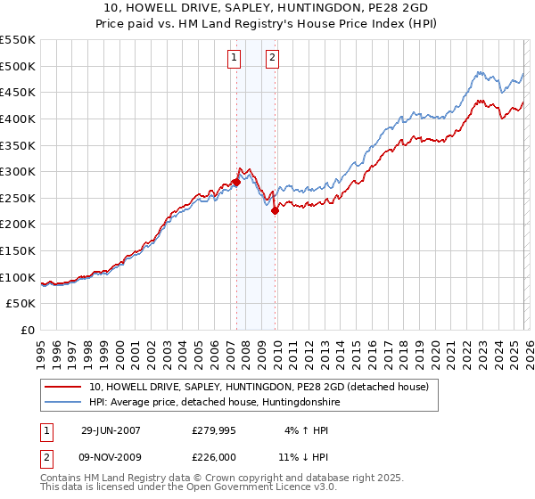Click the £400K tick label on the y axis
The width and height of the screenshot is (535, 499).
pyautogui.click(x=18, y=119)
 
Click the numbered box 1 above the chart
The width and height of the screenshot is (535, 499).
pyautogui.click(x=234, y=59)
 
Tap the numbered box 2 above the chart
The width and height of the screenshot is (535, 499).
pyautogui.click(x=272, y=59)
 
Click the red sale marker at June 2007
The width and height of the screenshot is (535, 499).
pyautogui.click(x=236, y=182)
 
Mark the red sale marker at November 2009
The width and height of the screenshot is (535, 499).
pyautogui.click(x=275, y=210)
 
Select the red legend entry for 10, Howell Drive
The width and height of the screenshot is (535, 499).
pyautogui.click(x=259, y=387)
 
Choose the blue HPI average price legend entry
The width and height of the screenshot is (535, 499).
pyautogui.click(x=214, y=403)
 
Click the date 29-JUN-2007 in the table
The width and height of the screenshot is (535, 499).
pyautogui.click(x=111, y=430)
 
